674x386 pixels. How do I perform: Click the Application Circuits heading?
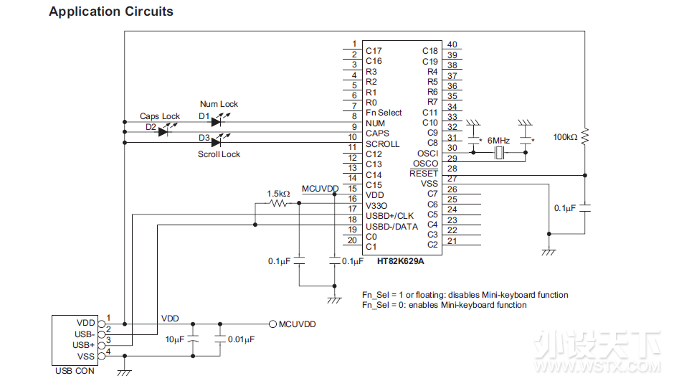pos(111,11)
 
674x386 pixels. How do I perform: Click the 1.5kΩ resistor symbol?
pos(278,203)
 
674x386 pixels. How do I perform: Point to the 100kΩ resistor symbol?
pos(584,136)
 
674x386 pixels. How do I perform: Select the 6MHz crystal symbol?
pos(499,152)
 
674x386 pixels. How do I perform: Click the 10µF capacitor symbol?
pos(193,339)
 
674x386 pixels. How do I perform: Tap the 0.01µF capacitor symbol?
pos(220,339)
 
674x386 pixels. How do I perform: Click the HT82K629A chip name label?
pos(400,261)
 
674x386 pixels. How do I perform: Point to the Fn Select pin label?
pos(384,113)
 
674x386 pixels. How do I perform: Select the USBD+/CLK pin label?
pos(389,216)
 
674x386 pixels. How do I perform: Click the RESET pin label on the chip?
pos(423,174)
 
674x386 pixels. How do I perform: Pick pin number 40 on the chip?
pos(452,44)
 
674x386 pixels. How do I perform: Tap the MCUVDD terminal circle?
pos(272,324)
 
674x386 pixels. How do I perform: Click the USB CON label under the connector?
pos(75,371)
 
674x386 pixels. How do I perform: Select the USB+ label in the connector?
pos(83,345)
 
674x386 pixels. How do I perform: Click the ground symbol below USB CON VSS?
pos(124,372)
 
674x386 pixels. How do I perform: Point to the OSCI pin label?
pos(427,154)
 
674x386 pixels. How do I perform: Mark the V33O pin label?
pos(376,206)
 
